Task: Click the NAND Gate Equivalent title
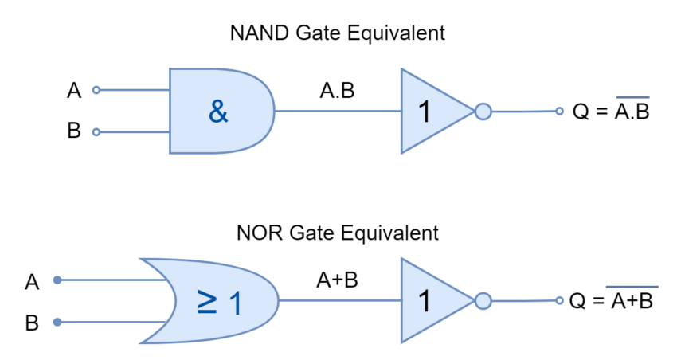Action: pyautogui.click(x=337, y=33)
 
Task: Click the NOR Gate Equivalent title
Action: pyautogui.click(x=337, y=233)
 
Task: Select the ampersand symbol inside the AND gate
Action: pyautogui.click(x=218, y=112)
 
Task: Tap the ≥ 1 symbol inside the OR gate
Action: pyautogui.click(x=219, y=302)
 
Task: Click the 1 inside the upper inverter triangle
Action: pyautogui.click(x=425, y=112)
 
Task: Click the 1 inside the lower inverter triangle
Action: pyautogui.click(x=425, y=301)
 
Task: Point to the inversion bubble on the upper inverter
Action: pyautogui.click(x=483, y=112)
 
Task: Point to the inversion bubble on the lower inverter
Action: pyautogui.click(x=483, y=301)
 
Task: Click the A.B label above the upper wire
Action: pyautogui.click(x=337, y=91)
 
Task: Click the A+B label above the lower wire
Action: pyautogui.click(x=337, y=280)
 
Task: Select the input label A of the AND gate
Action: pyautogui.click(x=74, y=91)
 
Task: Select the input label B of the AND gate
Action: pyautogui.click(x=74, y=131)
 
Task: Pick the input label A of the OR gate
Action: pyautogui.click(x=32, y=282)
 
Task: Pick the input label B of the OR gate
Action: pyautogui.click(x=32, y=323)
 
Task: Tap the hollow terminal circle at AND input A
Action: pyautogui.click(x=96, y=90)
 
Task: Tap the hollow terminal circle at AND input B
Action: pyautogui.click(x=96, y=132)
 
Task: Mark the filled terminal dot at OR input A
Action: pyautogui.click(x=57, y=280)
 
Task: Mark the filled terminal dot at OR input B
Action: pyautogui.click(x=57, y=322)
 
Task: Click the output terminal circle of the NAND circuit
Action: pyautogui.click(x=559, y=111)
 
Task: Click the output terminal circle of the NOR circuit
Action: pyautogui.click(x=559, y=300)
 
